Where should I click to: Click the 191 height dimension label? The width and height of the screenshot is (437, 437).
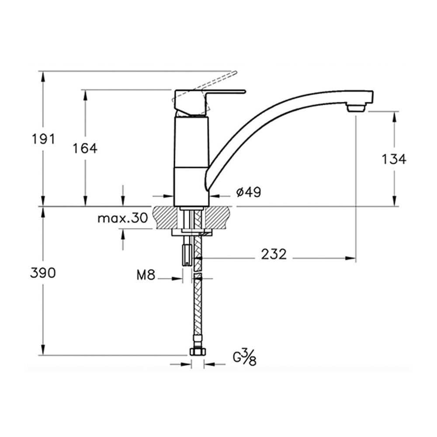pos(43,139)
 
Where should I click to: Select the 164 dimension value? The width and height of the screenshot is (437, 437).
pos(85,148)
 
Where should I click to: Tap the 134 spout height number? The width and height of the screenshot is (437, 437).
pos(394,159)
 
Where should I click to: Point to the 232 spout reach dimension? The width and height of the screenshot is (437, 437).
pos(274,254)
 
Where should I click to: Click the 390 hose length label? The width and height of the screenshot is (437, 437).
pos(43,273)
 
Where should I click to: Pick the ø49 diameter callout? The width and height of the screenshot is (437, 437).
pos(249,192)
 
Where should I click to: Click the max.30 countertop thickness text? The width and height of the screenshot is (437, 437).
pos(123,218)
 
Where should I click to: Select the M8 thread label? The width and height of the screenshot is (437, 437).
pos(146,275)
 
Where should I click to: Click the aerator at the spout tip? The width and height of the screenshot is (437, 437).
pos(356,108)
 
